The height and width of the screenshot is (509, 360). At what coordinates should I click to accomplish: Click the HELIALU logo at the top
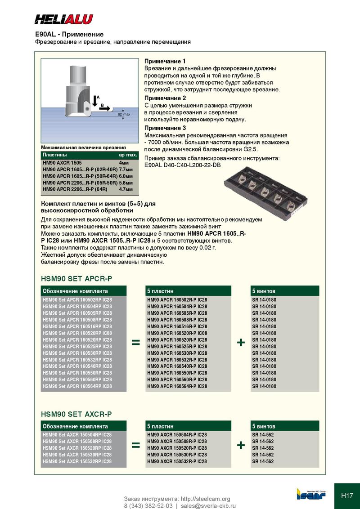pyautogui.click(x=64, y=19)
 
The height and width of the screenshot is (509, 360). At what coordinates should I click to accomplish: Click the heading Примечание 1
pyautogui.click(x=165, y=61)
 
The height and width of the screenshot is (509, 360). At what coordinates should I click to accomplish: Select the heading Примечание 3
pyautogui.click(x=165, y=128)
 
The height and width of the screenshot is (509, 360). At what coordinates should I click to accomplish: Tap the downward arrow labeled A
pyautogui.click(x=94, y=101)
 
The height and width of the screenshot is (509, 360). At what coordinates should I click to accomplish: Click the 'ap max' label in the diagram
pyautogui.click(x=124, y=115)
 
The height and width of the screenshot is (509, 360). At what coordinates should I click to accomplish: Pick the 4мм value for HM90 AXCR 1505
pyautogui.click(x=123, y=162)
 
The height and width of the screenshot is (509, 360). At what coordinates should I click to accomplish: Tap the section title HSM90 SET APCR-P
pyautogui.click(x=76, y=279)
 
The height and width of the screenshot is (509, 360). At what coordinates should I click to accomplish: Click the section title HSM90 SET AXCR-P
pyautogui.click(x=76, y=414)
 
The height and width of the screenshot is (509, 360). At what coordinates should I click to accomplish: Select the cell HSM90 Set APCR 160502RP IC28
pyautogui.click(x=77, y=299)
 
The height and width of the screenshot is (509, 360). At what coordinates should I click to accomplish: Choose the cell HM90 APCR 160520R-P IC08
pyautogui.click(x=177, y=333)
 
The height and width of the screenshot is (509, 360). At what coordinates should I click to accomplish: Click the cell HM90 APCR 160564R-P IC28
pyautogui.click(x=177, y=386)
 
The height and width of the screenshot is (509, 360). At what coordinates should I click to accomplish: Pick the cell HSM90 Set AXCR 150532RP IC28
pyautogui.click(x=77, y=461)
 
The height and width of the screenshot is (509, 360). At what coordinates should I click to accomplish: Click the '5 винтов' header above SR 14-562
pyautogui.click(x=264, y=426)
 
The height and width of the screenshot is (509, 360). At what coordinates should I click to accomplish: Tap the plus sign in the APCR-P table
pyautogui.click(x=241, y=343)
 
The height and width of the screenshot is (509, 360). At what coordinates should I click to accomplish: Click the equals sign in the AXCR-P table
pyautogui.click(x=135, y=445)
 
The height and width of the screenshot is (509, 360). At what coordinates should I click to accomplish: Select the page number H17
pyautogui.click(x=347, y=496)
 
